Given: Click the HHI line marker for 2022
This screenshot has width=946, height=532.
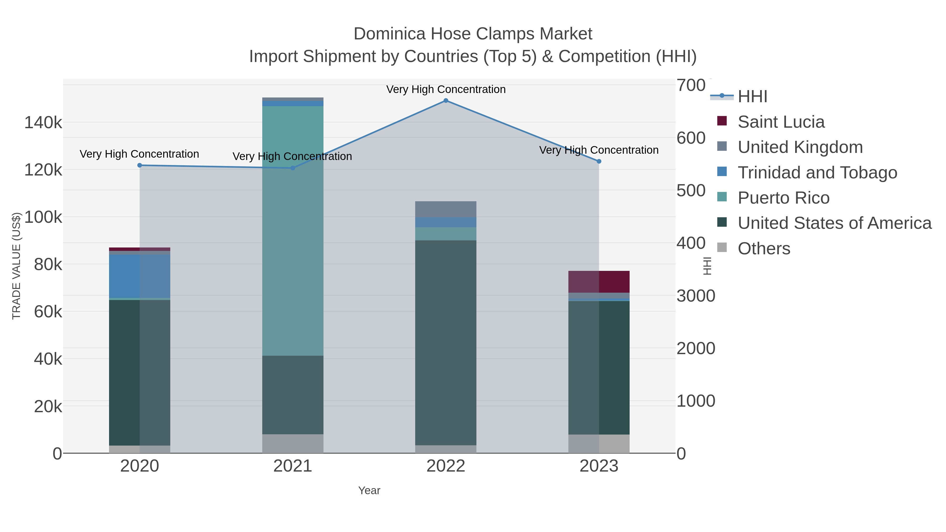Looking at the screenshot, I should click(446, 101).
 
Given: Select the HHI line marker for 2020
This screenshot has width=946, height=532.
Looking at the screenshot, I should click(140, 165).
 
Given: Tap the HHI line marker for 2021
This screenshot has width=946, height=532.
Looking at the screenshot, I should click(293, 168).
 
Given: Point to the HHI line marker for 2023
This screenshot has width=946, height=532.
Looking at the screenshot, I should click(599, 161).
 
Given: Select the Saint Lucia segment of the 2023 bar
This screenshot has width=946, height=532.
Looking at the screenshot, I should click(599, 282).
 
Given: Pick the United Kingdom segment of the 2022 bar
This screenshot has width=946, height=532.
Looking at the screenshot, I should click(446, 209).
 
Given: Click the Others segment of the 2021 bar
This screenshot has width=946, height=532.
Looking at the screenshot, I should click(293, 443).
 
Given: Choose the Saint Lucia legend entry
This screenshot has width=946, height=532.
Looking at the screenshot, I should click(781, 122).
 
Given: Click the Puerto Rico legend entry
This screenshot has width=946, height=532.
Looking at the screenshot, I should click(783, 198).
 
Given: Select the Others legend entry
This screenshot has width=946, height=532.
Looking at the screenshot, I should click(764, 249).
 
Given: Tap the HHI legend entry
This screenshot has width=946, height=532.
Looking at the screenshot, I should click(753, 97).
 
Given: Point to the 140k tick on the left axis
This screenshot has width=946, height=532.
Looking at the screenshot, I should click(43, 123).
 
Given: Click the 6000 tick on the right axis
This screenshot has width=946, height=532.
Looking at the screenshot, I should click(691, 138).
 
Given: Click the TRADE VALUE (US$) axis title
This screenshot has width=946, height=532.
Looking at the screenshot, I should click(17, 266).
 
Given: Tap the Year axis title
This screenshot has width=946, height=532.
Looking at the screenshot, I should click(369, 490).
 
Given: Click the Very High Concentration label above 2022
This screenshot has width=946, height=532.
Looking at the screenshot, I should click(446, 89).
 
